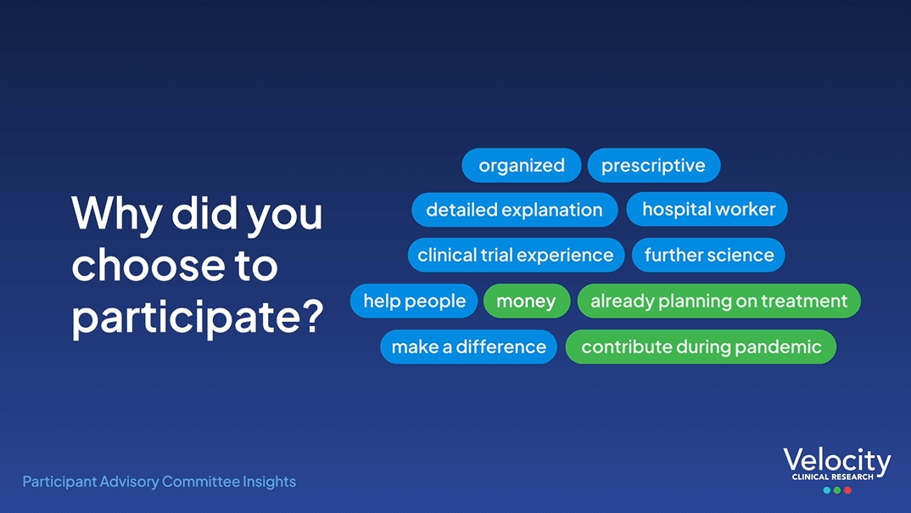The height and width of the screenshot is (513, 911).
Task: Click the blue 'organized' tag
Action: coord(521,165)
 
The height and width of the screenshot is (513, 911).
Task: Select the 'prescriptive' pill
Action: coord(654,165)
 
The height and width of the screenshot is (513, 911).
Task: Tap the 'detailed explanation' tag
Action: coord(514,210)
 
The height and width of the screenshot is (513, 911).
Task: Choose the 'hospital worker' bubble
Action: coord(707,209)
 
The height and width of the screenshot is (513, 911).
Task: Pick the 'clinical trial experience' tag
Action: coord(516,255)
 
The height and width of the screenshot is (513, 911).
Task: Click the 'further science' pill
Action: coord(708,255)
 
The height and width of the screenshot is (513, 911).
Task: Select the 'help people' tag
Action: coord(414,301)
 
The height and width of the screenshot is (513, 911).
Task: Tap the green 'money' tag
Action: coord(527,301)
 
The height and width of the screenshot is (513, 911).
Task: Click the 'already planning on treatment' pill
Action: coord(718,301)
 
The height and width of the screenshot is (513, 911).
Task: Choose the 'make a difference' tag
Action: coord(468,347)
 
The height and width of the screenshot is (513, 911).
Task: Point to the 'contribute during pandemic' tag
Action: coord(701,347)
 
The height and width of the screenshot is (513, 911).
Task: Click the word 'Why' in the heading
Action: coord(116,214)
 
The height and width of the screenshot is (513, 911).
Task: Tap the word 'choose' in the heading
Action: coord(148,265)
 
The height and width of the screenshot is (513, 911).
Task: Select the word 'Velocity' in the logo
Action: coord(836,460)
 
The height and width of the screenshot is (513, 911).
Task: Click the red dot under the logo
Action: coord(847,490)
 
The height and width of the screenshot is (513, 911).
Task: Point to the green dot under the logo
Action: coord(837,490)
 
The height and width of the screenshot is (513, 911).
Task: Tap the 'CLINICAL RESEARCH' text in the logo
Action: coord(833,477)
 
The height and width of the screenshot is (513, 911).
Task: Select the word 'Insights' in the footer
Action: coord(270,482)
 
